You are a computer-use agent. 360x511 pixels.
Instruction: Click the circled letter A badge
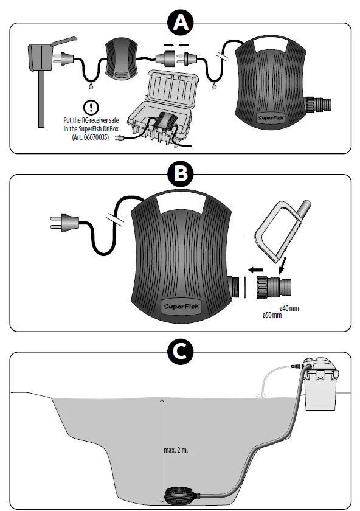pos(179,23)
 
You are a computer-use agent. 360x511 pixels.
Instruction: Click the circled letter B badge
pos(179,175)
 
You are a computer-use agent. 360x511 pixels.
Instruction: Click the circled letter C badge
pos(179,352)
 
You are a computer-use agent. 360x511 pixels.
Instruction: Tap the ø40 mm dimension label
pos(289,308)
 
